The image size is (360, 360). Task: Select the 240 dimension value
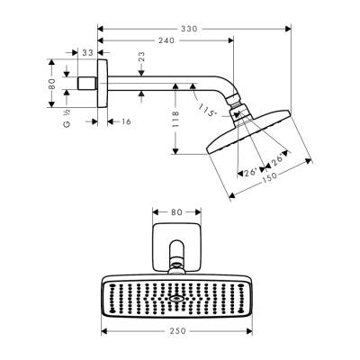tap(164, 40)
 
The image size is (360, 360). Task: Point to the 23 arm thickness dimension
tap(141, 58)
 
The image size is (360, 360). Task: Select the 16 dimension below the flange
tap(123, 120)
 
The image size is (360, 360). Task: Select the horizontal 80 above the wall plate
tap(175, 212)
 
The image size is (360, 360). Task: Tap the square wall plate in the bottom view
tap(175, 242)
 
